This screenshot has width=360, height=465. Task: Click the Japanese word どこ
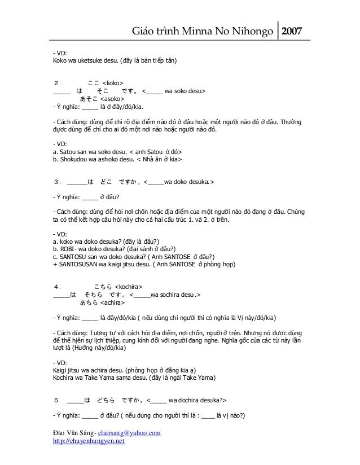[106, 182]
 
